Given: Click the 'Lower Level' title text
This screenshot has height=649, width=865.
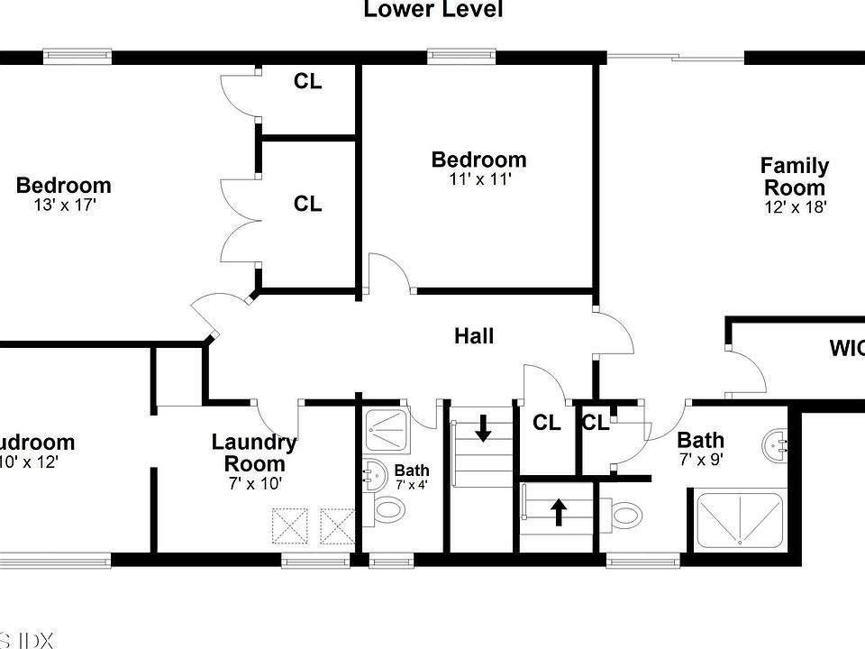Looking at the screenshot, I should [x=432, y=10].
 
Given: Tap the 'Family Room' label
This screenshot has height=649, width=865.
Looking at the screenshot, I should [x=794, y=177].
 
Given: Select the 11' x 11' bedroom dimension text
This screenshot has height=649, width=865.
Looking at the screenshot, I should [x=480, y=179].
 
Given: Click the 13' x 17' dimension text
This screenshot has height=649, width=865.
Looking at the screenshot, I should [x=63, y=206].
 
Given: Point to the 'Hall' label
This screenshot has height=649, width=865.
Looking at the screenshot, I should [x=474, y=336].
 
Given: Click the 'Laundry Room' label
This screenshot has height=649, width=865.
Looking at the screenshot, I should [x=254, y=453].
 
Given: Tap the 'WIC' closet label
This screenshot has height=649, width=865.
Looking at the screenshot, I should [x=846, y=348].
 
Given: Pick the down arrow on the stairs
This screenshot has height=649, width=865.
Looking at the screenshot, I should [x=483, y=427].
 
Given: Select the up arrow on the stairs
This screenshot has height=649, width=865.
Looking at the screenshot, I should [x=559, y=512].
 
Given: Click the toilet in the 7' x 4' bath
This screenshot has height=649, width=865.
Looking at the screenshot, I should [x=389, y=511].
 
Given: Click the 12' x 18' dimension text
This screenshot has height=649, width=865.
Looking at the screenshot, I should [x=794, y=206].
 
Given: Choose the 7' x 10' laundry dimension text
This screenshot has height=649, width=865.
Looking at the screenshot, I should [x=255, y=483].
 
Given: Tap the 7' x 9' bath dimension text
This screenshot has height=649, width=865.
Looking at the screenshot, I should [x=700, y=459].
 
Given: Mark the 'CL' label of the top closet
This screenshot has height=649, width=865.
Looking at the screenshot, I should [x=307, y=82].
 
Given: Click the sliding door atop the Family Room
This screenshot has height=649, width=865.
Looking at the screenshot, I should [x=676, y=59].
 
